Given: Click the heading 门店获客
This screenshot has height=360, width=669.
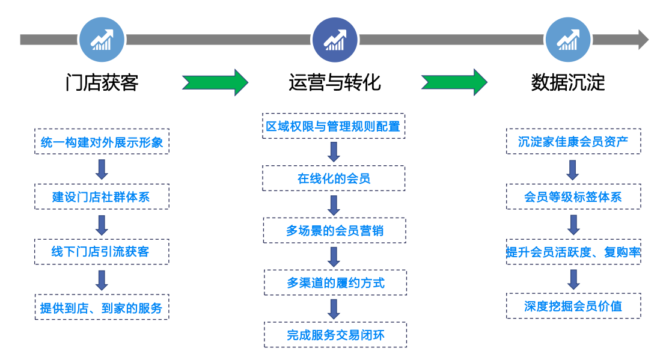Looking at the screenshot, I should coord(102,82).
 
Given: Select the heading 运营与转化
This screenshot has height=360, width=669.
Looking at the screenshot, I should coord(334,82).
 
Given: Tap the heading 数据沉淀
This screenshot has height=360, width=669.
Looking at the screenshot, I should coord(567,82).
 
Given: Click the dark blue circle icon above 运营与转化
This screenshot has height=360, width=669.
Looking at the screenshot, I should coord(335,40).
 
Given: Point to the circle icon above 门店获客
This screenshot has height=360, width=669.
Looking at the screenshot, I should coord(102,40).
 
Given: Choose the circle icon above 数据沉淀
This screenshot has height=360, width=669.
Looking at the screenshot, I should coord(567,40).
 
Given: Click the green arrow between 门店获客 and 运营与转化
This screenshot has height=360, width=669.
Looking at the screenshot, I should coord(215,82).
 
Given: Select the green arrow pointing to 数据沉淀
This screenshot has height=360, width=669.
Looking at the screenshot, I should coord(454,82).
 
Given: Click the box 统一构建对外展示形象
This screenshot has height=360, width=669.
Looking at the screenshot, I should coord(102,142).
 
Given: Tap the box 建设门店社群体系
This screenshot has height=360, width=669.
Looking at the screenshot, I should coord(102,197).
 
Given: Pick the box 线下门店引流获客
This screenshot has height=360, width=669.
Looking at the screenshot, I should coord(102,252).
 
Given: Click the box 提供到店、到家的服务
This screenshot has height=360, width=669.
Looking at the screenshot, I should coord(102,308).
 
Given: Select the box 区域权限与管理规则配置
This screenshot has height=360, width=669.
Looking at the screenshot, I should coord(334,126).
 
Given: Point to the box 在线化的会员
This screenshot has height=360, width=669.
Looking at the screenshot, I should coord(334,178).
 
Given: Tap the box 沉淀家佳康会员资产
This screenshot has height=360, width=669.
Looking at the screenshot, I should coord(573,141).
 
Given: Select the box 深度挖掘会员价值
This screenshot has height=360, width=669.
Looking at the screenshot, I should coord(573,306).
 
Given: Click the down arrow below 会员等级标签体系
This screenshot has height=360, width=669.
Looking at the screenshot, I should coord(573,224).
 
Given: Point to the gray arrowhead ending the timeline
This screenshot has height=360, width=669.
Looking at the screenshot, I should coord(643,40).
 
